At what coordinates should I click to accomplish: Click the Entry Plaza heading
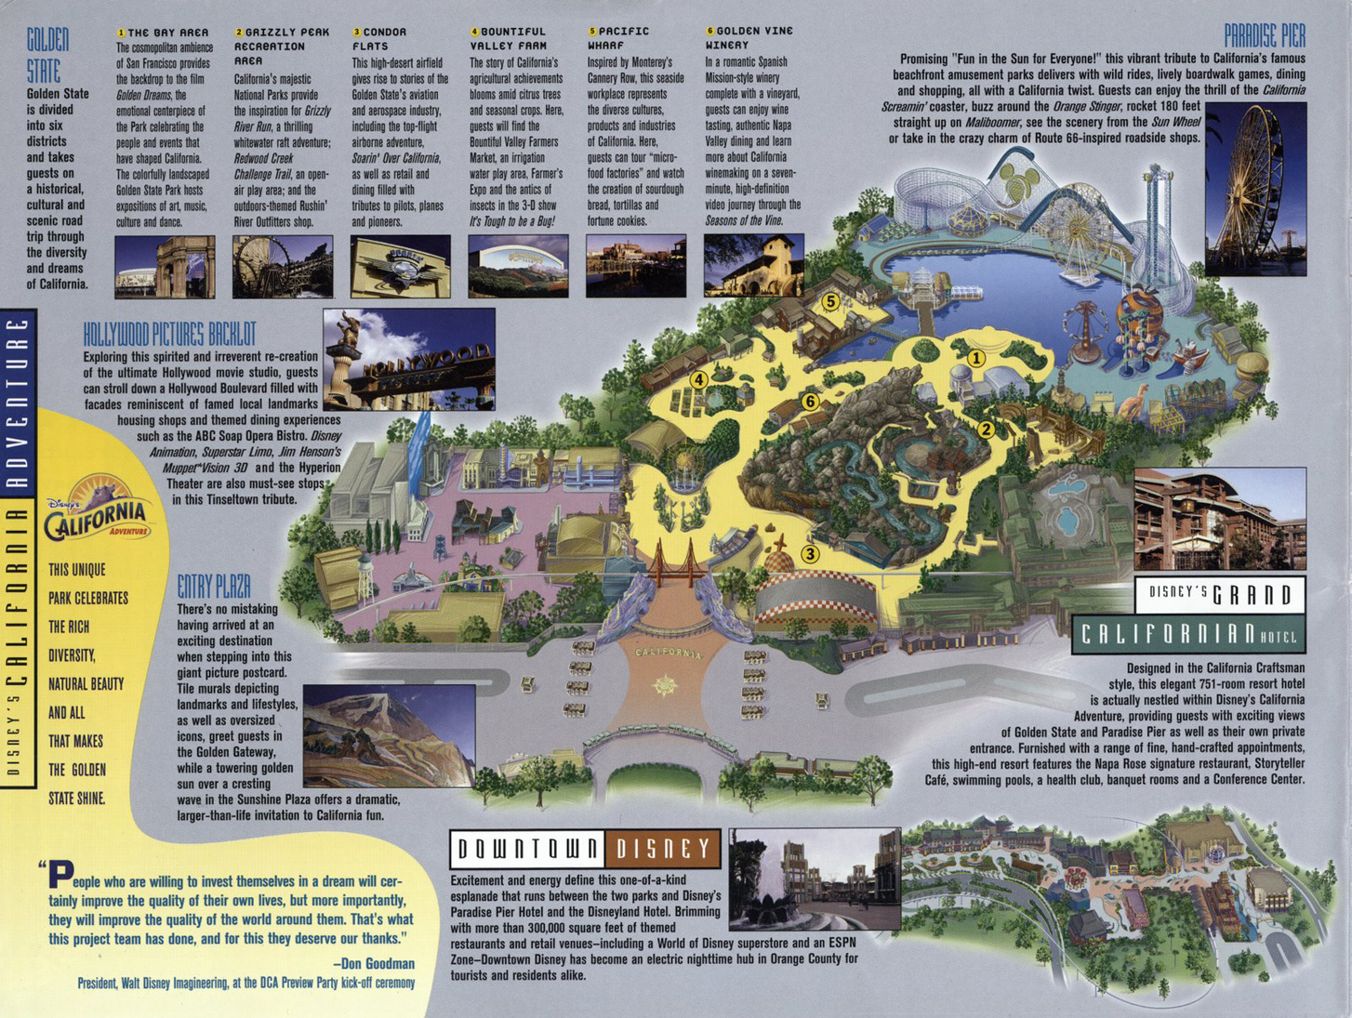click(214, 587)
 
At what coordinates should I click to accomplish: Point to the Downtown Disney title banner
click(585, 848)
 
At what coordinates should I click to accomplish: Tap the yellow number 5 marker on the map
click(830, 301)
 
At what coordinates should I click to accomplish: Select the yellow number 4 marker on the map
click(698, 379)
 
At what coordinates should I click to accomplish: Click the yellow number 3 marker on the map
click(810, 554)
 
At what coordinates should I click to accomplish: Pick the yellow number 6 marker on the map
click(810, 402)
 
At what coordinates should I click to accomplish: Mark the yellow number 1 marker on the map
click(975, 358)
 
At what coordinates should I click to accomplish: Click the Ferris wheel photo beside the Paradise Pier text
click(1254, 190)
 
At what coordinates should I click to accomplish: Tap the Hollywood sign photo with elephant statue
click(408, 360)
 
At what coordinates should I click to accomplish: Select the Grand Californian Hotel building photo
click(1220, 519)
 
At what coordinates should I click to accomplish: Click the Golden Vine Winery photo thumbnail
click(753, 266)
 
